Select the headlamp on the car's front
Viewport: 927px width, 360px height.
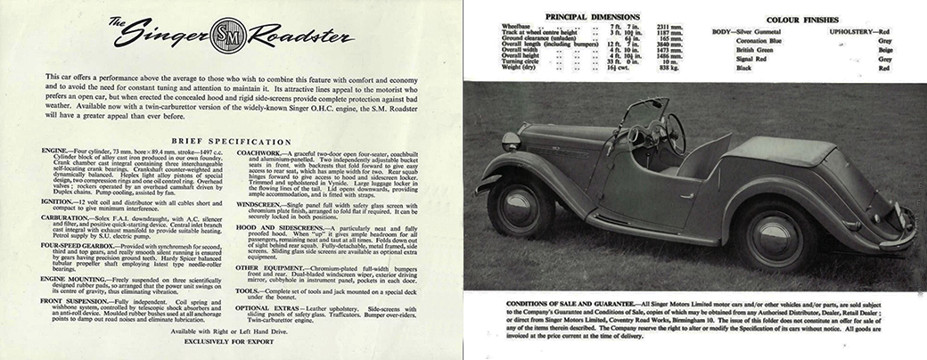pos(512,141)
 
